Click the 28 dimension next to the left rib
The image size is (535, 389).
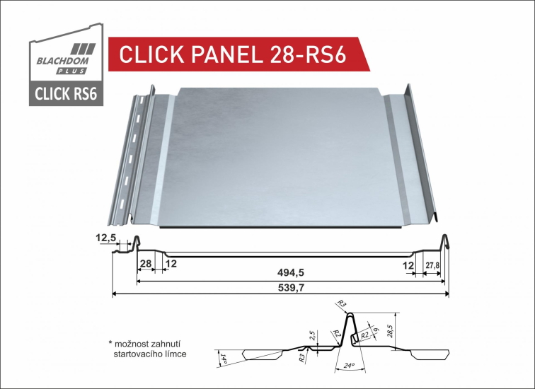click(x=145, y=264)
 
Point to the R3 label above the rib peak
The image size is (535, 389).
click(x=343, y=304)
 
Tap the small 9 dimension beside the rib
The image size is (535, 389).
click(x=376, y=328)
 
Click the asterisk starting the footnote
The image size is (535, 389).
click(x=111, y=342)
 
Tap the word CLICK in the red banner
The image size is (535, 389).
click(x=151, y=54)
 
